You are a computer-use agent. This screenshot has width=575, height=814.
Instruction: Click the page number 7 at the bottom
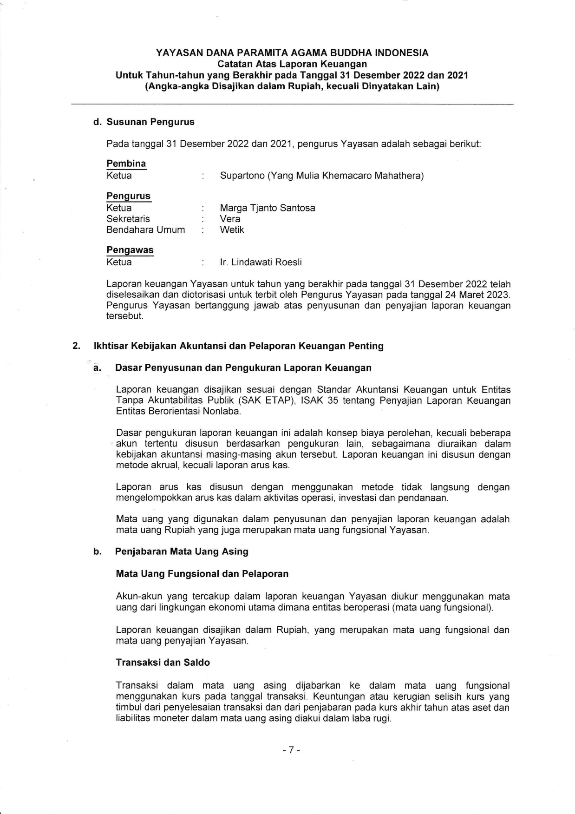(x=292, y=750)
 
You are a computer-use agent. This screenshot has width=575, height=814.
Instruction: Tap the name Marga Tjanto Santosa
(x=267, y=208)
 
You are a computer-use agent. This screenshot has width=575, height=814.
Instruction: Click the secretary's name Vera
(x=230, y=219)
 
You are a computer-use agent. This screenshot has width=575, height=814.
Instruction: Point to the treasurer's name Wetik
(x=232, y=230)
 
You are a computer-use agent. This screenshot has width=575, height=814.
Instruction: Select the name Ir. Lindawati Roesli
(x=261, y=263)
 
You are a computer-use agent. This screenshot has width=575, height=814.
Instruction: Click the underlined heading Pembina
(x=126, y=164)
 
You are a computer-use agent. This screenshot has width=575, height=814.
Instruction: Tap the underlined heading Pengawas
(x=130, y=250)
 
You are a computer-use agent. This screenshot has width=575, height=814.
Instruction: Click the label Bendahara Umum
(x=145, y=230)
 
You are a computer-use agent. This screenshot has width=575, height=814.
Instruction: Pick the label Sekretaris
(x=128, y=219)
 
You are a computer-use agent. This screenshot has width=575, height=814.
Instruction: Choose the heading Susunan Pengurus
(x=150, y=122)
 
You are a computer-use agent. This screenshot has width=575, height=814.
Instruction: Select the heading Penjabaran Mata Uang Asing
(x=182, y=551)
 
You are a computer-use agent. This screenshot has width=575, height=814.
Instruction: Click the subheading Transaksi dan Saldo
(x=163, y=663)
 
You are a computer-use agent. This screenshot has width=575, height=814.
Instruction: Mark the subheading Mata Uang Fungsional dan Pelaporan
(x=202, y=574)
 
